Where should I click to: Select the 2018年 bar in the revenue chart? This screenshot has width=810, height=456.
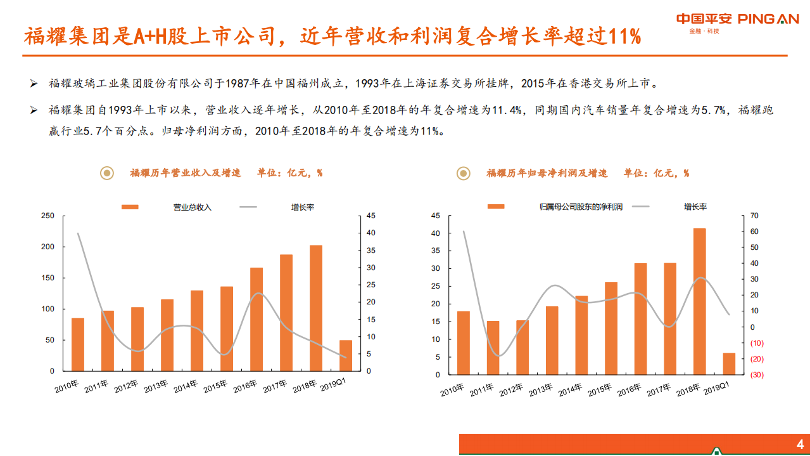click(x=316, y=308)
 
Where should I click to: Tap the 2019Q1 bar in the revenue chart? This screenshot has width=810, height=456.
click(x=346, y=356)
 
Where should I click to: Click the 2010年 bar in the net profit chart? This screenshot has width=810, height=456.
click(x=464, y=343)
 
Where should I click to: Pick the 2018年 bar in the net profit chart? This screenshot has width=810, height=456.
click(x=699, y=301)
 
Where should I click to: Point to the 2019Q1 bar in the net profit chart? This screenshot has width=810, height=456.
click(x=729, y=363)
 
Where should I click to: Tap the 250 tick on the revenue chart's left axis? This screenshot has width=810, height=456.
click(x=48, y=216)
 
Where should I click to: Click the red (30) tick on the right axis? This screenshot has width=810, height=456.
click(x=757, y=375)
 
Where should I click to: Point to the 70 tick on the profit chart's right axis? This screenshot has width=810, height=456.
click(x=754, y=216)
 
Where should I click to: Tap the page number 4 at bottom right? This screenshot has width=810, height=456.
click(x=800, y=443)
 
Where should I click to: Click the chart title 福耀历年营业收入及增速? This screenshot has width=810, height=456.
click(x=186, y=173)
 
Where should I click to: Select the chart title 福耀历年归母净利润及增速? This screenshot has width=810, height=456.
click(x=547, y=173)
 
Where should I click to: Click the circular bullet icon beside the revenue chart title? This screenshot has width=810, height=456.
click(x=107, y=173)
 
